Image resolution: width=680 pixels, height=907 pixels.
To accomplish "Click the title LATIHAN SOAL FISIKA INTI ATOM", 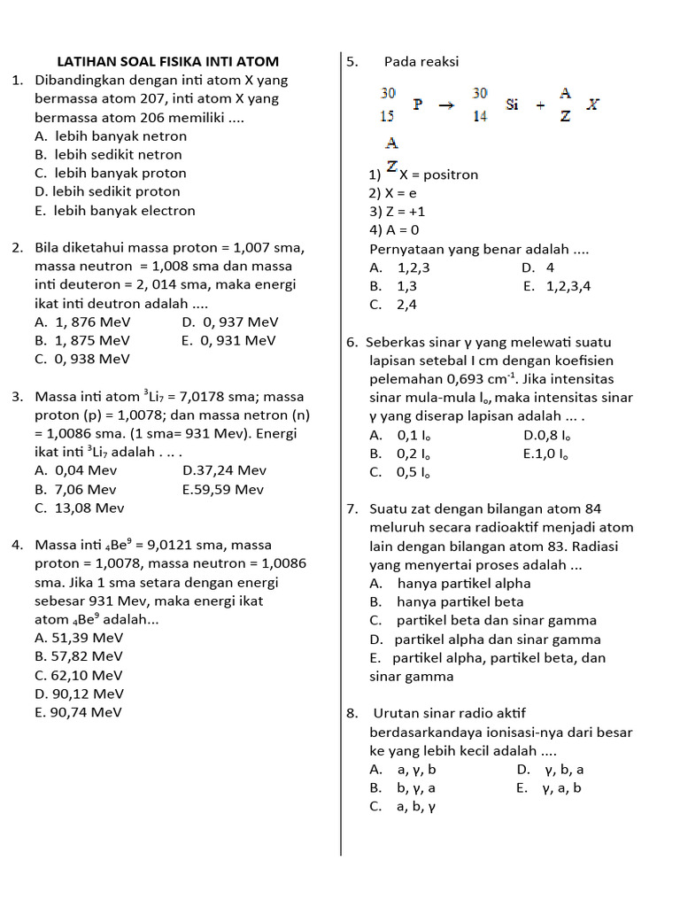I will pos(167,61).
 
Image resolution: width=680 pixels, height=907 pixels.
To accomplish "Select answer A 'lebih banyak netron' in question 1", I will pos(111,136).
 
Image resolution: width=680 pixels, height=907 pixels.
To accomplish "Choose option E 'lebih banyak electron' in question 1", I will pos(115,211).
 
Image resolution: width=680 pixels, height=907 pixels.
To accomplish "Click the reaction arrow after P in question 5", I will pos(447,105).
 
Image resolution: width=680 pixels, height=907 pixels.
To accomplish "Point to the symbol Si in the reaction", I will pos(513,105).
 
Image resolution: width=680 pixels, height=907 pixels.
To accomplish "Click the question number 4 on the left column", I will pos(18,545).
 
